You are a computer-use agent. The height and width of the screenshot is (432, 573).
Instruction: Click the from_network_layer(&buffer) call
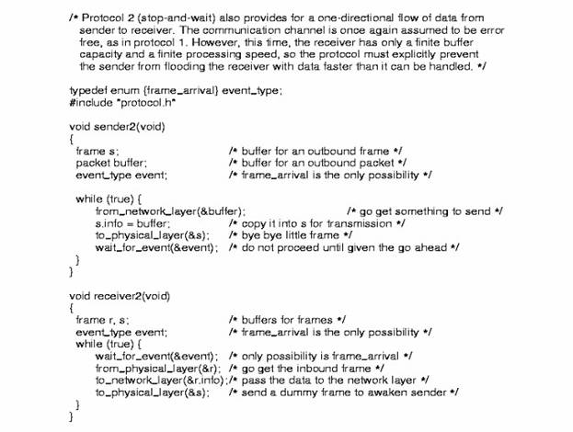tap(170, 210)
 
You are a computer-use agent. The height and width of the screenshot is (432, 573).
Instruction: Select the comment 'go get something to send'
tap(424, 210)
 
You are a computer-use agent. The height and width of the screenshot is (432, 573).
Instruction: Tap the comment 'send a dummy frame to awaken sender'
tap(343, 392)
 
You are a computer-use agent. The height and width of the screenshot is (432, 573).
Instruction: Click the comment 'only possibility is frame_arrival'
tap(320, 355)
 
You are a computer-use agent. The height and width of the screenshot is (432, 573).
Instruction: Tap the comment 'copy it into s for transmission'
tap(316, 222)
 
